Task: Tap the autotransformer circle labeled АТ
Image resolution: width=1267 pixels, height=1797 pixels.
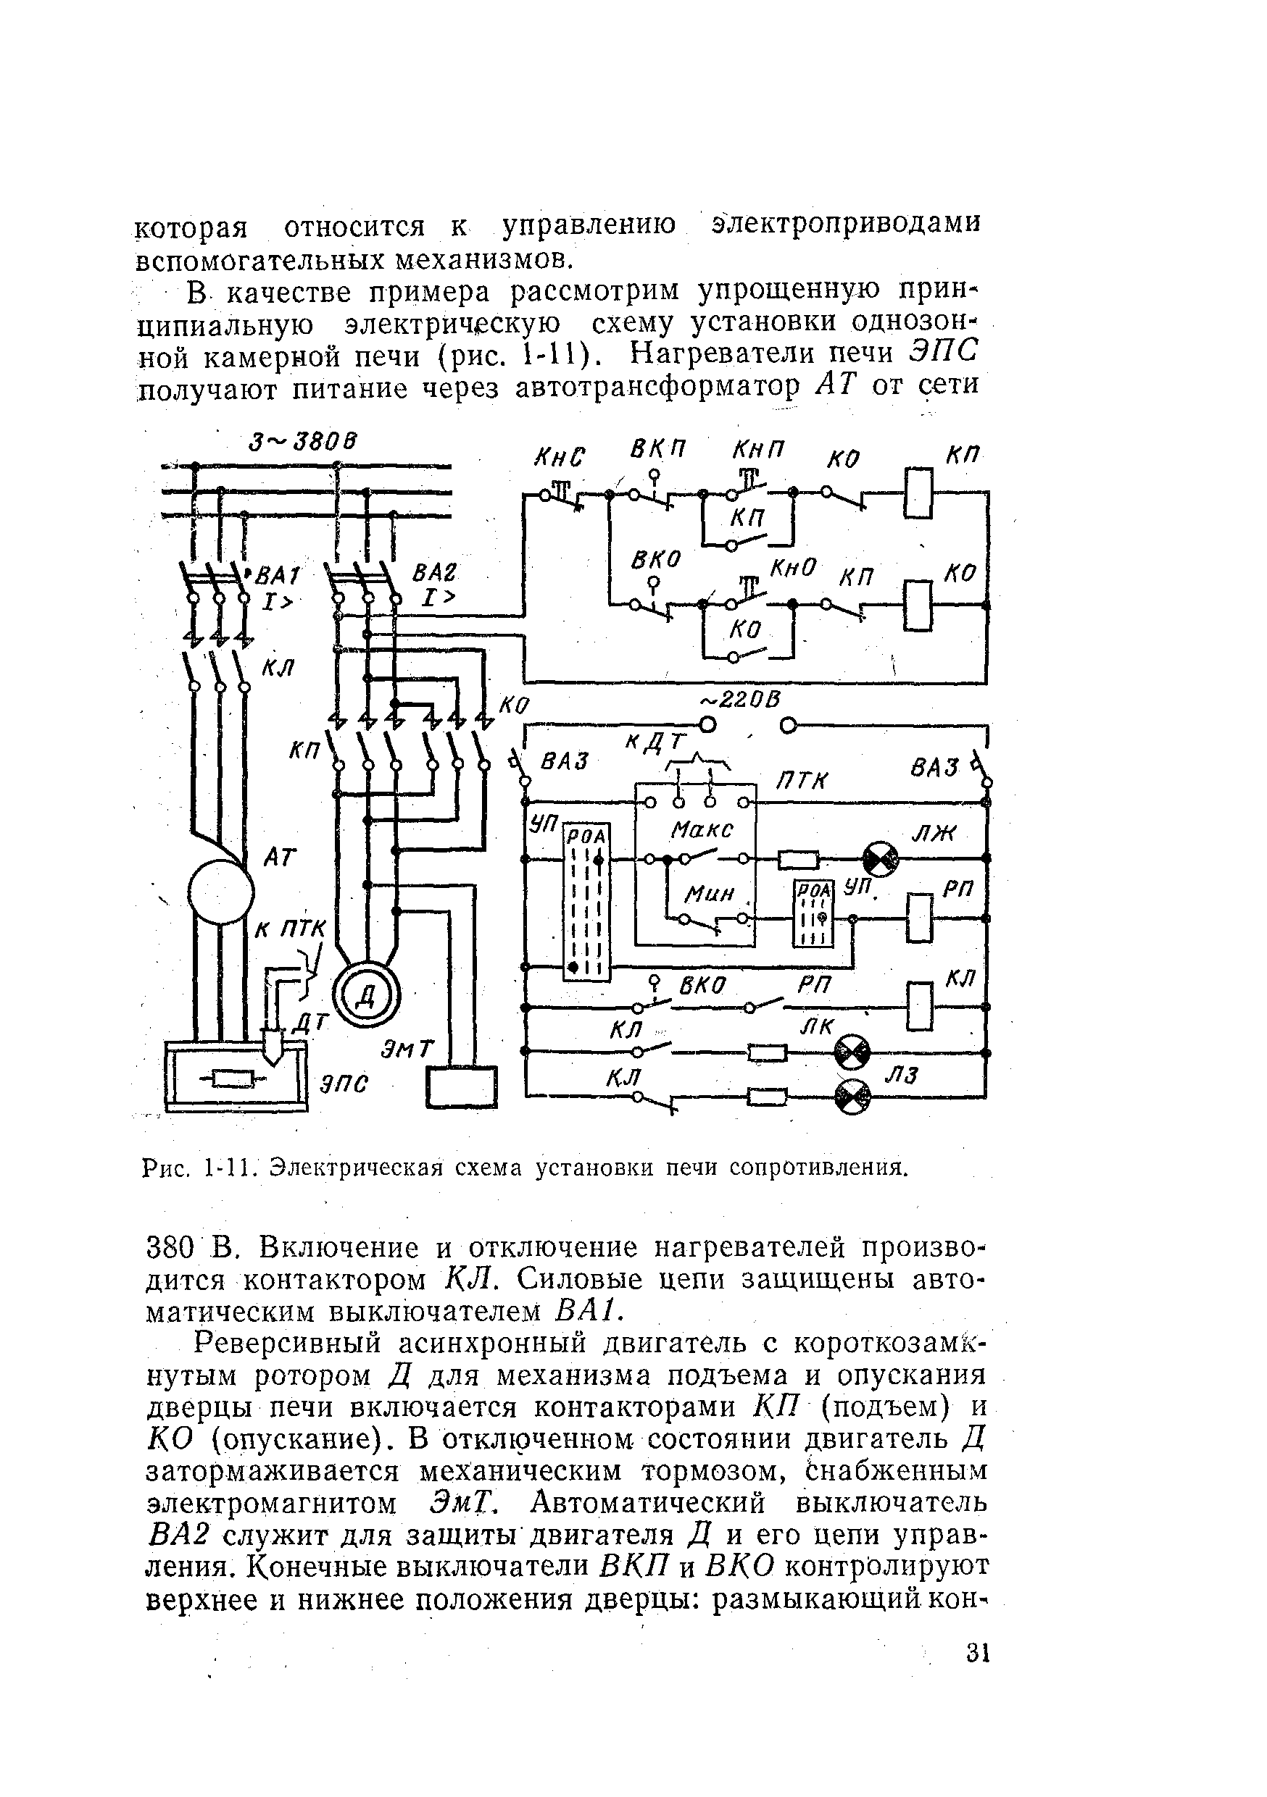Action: click(x=220, y=891)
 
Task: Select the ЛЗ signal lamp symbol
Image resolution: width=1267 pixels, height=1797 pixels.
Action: click(x=852, y=1097)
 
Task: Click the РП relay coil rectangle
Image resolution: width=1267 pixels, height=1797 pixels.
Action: click(x=919, y=917)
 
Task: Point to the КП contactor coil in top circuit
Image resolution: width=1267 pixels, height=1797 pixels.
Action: click(x=918, y=493)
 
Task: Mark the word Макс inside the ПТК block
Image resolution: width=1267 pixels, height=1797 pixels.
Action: click(x=701, y=829)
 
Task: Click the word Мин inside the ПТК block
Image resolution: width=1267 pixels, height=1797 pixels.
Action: click(x=709, y=893)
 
